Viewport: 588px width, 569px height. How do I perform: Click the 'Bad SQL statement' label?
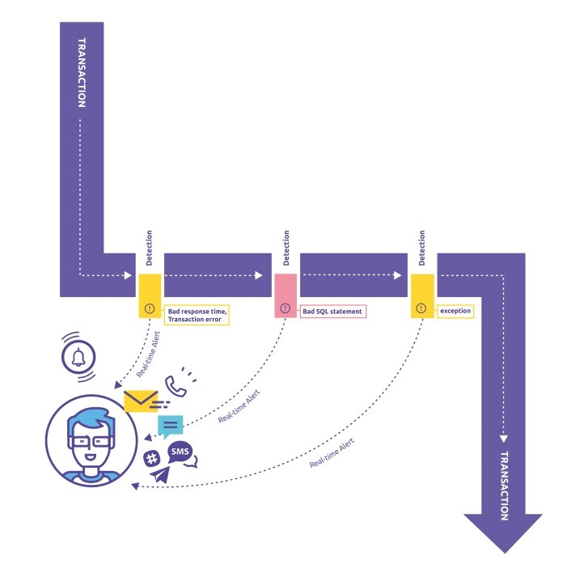(x=332, y=311)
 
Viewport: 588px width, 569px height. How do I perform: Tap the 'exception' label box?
(x=455, y=310)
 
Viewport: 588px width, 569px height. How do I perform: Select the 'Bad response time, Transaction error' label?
(x=197, y=314)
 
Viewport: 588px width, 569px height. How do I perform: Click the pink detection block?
(x=285, y=295)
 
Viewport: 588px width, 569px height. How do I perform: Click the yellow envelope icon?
(x=141, y=401)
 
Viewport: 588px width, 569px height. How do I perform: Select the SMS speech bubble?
(x=180, y=453)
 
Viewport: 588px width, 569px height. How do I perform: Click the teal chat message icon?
(x=171, y=424)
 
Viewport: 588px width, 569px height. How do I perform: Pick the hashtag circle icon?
(x=151, y=459)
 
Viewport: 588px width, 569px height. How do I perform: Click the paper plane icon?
(x=160, y=474)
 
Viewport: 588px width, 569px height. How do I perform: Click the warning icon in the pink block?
(x=285, y=308)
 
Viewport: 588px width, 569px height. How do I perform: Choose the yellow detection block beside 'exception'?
(x=421, y=295)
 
